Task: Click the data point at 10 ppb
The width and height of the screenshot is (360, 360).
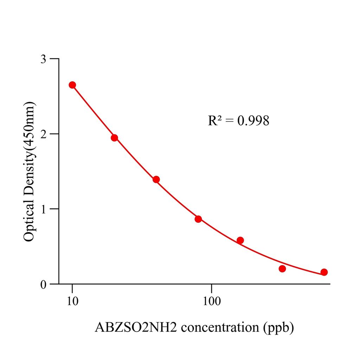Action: pos(72,85)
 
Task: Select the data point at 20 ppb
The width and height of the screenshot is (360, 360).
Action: pos(114,138)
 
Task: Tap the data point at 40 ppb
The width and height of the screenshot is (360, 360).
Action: pos(156,180)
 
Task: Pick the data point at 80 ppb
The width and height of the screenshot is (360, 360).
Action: pos(198,219)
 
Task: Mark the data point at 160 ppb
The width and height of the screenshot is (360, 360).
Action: pos(240,240)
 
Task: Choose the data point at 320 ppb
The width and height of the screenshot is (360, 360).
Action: pos(282,269)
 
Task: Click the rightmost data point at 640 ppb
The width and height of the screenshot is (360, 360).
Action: pos(324,272)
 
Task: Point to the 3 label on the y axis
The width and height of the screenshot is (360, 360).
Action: pos(43,59)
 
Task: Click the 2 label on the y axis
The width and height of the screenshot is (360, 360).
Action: pos(43,134)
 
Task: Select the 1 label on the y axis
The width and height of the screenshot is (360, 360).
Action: pos(43,209)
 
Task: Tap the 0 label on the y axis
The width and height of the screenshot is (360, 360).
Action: pos(43,284)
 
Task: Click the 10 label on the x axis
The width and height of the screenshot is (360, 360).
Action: pos(72,301)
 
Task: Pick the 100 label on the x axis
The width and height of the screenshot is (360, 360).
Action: pos(212,301)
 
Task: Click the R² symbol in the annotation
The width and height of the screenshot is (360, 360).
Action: pos(215,121)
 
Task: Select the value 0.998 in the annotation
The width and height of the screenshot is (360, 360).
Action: pos(253,121)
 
